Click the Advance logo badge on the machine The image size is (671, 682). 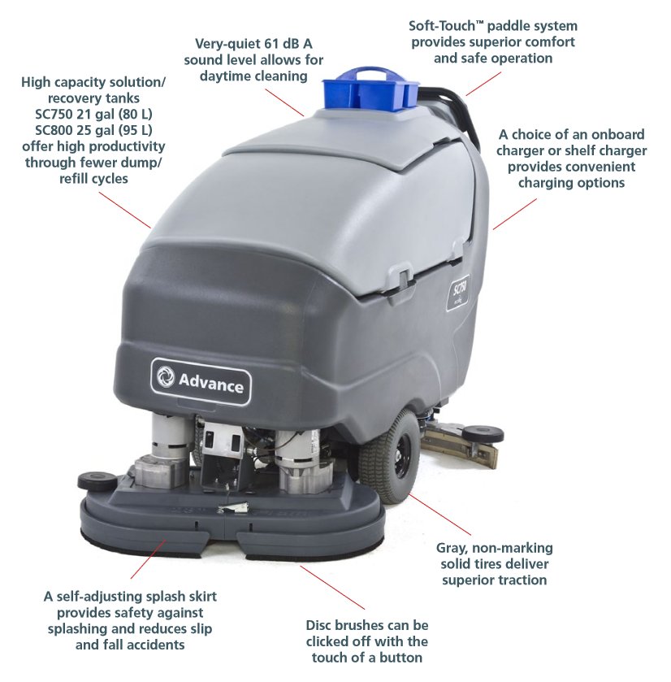(201, 381)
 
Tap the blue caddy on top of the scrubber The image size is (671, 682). (370, 89)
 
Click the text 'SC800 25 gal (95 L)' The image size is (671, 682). (93, 130)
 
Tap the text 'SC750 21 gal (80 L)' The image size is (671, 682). (93, 114)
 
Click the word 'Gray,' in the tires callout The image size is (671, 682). (452, 549)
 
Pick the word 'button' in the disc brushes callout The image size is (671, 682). (400, 658)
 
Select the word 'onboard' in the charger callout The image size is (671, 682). (621, 134)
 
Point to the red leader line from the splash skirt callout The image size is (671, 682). (148, 559)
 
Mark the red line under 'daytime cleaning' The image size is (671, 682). (284, 102)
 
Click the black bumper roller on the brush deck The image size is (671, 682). (97, 480)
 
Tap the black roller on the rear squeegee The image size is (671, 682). (483, 433)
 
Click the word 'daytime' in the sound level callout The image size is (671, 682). (225, 76)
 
